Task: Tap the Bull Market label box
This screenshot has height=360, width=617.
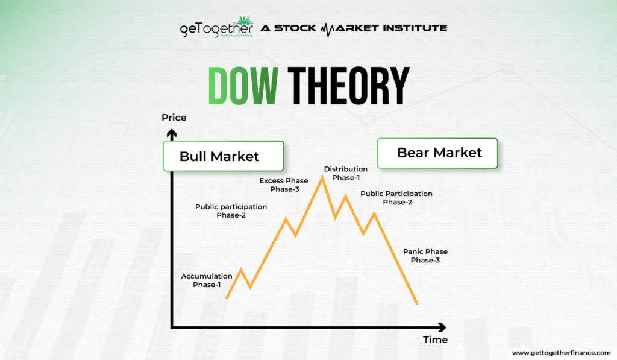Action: (222, 156)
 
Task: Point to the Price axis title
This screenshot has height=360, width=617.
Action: (174, 118)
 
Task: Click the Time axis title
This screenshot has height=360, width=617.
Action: (435, 339)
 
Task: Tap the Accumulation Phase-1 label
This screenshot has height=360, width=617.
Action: (207, 280)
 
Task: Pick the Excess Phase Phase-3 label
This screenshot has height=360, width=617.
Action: (284, 185)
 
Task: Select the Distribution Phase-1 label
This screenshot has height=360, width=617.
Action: (345, 173)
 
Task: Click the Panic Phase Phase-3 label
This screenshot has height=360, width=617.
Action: (425, 256)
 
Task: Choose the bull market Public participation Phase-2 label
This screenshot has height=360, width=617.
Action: (231, 211)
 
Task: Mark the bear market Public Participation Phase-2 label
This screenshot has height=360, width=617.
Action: (396, 198)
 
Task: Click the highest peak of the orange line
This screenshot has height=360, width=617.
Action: (322, 177)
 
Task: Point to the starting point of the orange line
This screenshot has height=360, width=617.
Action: (227, 298)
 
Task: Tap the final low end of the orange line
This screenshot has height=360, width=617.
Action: (416, 303)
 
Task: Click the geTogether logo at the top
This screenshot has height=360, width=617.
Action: (207, 28)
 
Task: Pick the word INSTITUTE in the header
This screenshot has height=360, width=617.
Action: (413, 28)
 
